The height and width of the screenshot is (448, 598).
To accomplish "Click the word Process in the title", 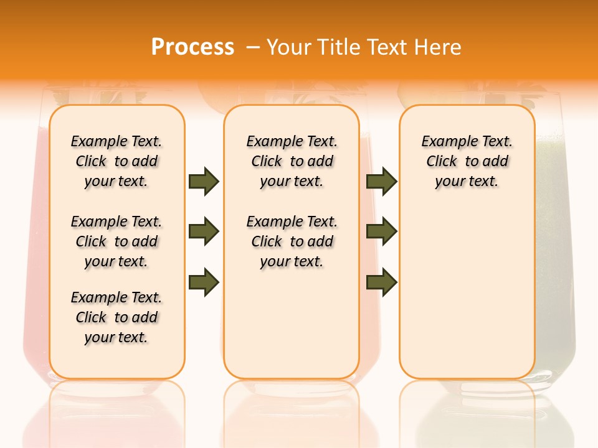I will tap(192, 47).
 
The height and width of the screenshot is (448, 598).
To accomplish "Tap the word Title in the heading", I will tap(340, 47).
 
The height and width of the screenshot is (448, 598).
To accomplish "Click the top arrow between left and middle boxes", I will tap(204, 181).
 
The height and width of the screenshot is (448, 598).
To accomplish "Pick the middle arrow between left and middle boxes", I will tap(204, 232).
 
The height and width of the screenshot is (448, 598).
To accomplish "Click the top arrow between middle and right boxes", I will tap(381, 181).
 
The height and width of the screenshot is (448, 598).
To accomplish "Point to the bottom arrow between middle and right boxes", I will tap(381, 281).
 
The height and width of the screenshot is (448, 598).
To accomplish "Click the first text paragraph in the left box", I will tap(116, 161).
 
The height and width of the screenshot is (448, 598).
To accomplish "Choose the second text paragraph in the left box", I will tap(116, 241).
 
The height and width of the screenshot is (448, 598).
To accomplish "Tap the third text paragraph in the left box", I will tap(116, 317).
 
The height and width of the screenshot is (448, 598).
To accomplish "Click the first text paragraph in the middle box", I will tap(292, 161).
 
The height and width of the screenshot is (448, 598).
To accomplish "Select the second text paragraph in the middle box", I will tap(292, 241).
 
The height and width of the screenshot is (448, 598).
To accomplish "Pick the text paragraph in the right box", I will tap(467, 161).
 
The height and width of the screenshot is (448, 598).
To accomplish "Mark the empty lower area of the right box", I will tap(467, 292).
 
